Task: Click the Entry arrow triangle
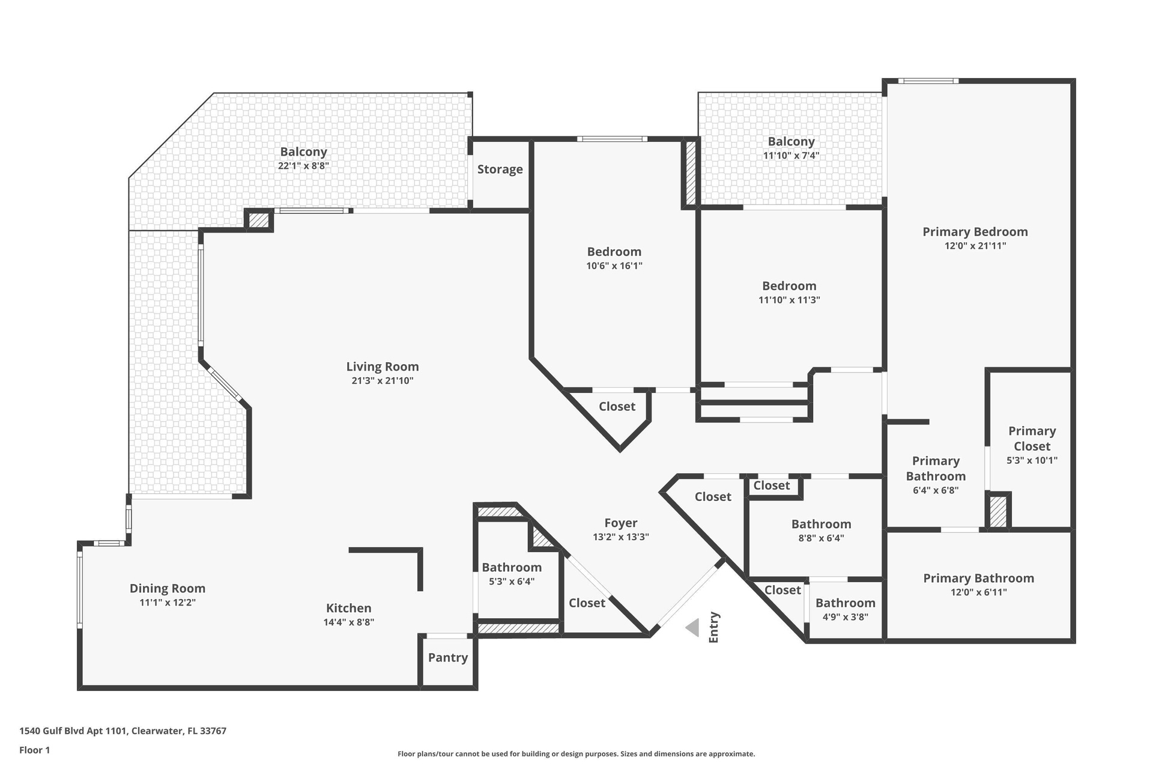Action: coord(693,628)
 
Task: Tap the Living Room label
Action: coord(383,366)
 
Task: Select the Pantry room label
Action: coord(448,658)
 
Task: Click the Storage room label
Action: coord(500,169)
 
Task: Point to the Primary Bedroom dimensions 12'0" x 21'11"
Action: coord(975,246)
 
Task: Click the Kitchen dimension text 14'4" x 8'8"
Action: coord(349,622)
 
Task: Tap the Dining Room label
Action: coord(168,589)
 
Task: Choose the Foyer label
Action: coord(621,523)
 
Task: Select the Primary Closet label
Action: coord(1032,439)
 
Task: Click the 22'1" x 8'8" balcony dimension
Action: coord(304,166)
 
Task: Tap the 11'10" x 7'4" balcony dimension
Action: coord(791,156)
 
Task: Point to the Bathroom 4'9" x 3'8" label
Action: coord(846,603)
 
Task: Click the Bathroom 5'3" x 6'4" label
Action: coord(512,568)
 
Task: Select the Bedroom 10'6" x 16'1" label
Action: coord(614,252)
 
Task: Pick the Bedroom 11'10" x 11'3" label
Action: coord(790,286)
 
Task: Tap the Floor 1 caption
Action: coord(35,750)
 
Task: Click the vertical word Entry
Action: coord(714,628)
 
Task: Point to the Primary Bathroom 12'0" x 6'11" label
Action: coord(979,579)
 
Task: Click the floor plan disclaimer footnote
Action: coord(576,754)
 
